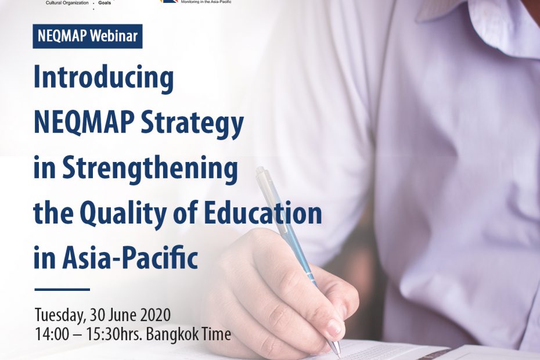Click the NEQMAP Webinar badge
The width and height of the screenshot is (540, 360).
click(88, 36)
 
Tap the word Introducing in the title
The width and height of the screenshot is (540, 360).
click(103, 79)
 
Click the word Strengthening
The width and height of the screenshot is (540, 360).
click(150, 169)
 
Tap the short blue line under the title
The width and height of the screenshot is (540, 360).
click(62, 289)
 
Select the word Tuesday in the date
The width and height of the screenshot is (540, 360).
click(60, 315)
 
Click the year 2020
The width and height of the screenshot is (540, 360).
click(154, 315)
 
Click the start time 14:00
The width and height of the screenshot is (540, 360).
click(50, 334)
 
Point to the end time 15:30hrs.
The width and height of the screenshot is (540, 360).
click(118, 334)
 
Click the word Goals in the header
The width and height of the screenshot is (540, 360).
click(105, 3)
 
